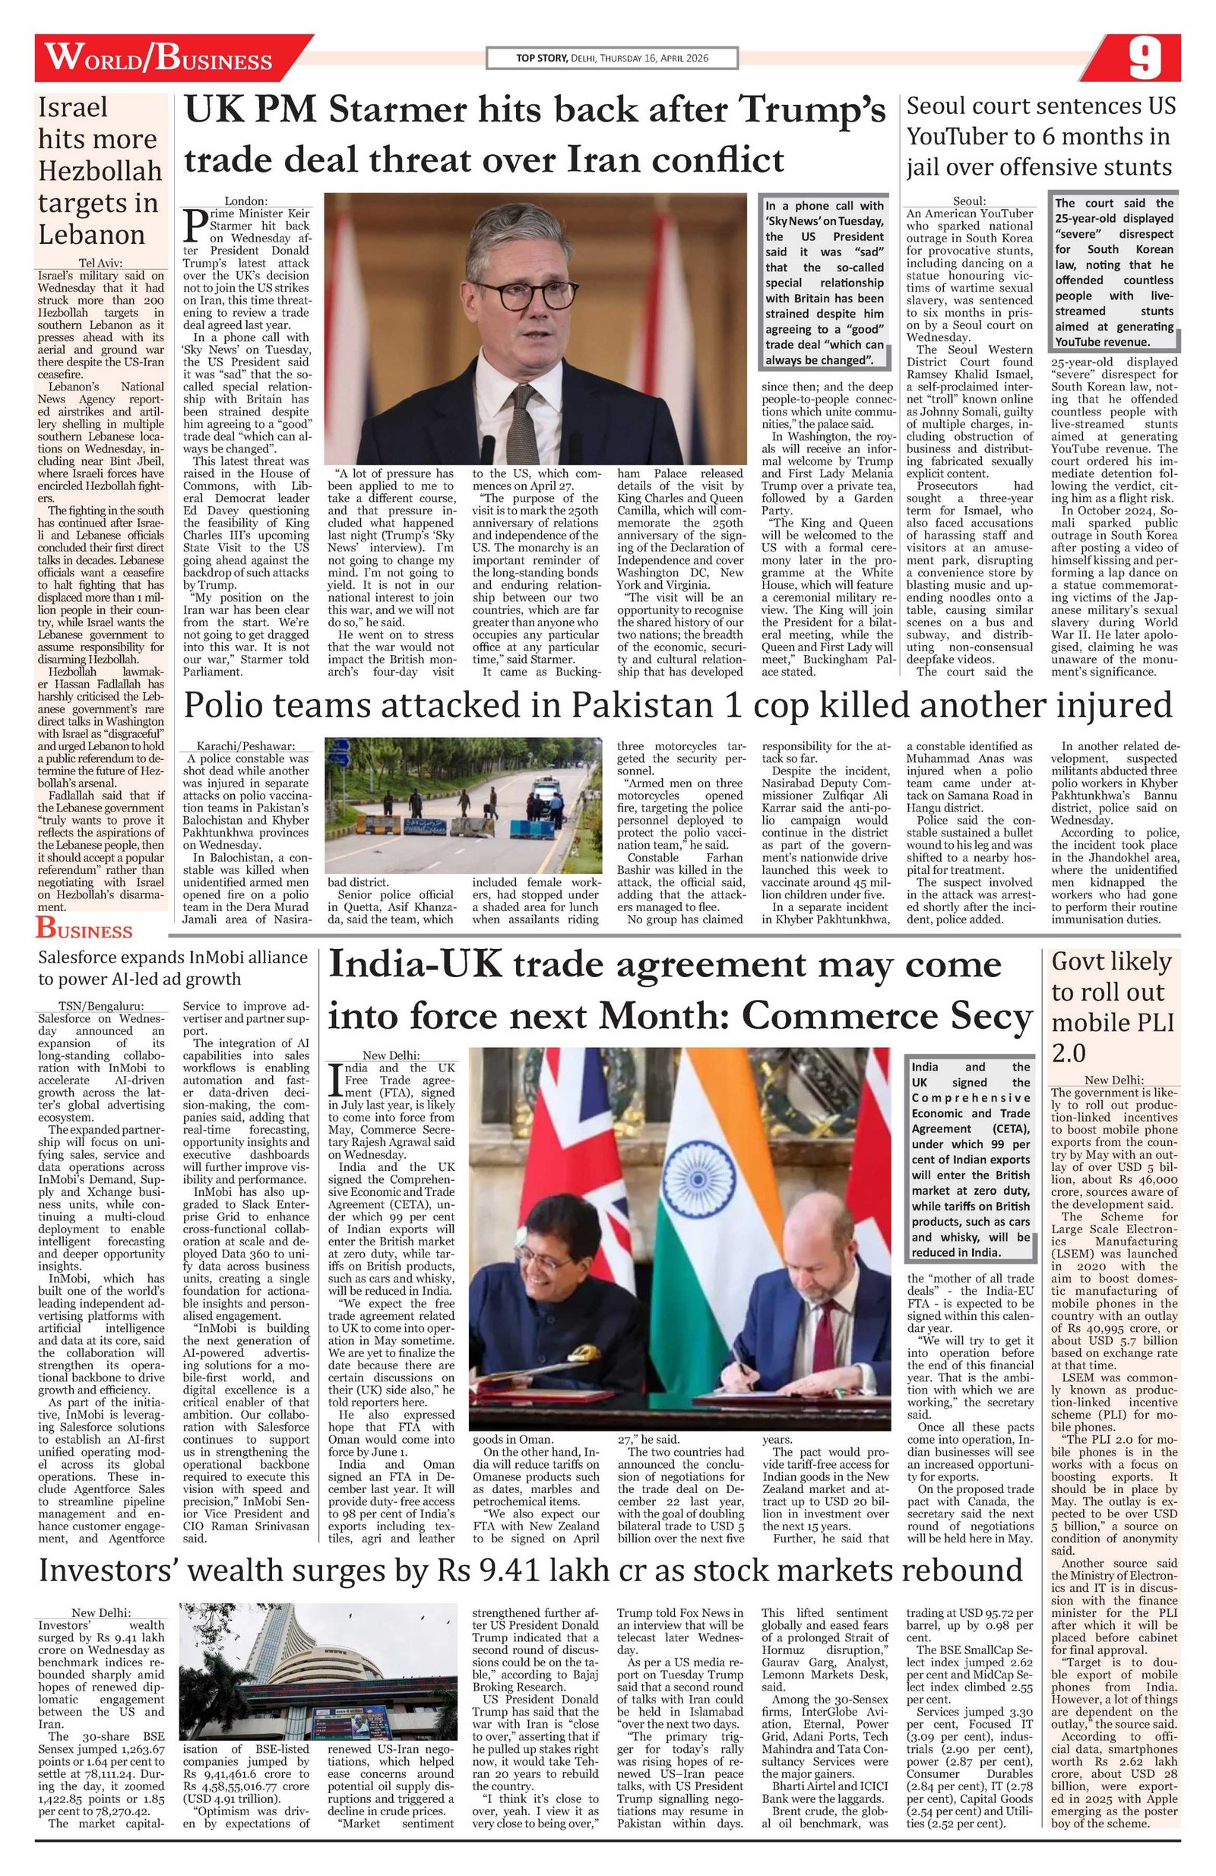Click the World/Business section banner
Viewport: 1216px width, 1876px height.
pyautogui.click(x=158, y=59)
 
